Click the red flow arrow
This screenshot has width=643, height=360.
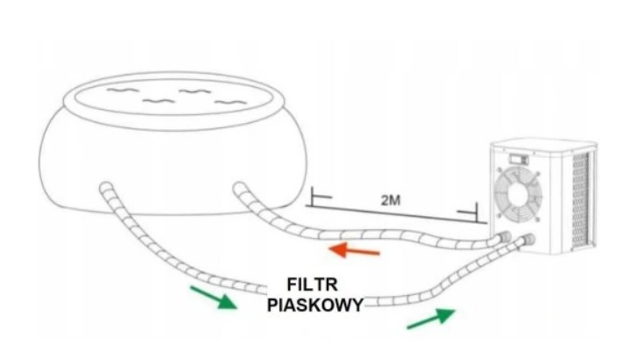[354, 252]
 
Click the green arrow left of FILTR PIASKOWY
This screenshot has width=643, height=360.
[214, 296]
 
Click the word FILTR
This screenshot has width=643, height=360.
[314, 285]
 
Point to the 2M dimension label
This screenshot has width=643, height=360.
[392, 201]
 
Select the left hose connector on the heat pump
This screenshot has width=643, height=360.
[504, 237]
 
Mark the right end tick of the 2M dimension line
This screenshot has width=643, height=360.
[475, 213]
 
